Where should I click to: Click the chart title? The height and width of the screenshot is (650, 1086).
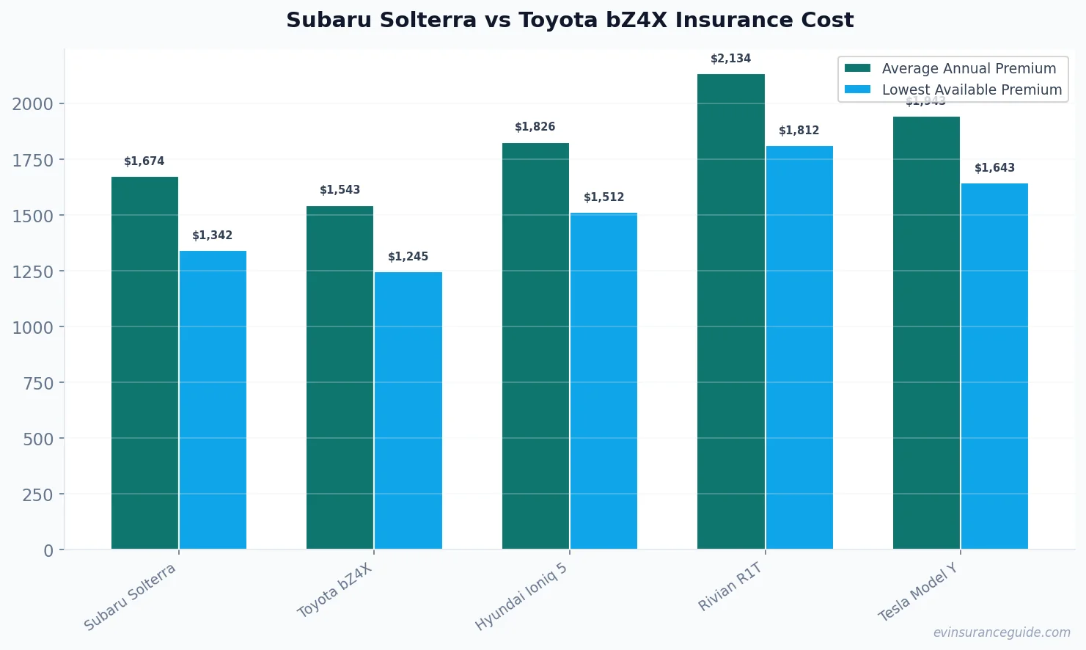click(570, 20)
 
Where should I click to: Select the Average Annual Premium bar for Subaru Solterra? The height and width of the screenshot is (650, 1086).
click(144, 362)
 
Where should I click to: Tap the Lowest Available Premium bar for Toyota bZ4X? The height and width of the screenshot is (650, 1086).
click(408, 410)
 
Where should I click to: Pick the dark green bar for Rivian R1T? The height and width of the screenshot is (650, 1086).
click(730, 311)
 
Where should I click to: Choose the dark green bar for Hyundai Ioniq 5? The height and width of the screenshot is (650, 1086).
click(535, 346)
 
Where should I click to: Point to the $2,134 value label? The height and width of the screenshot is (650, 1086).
click(730, 59)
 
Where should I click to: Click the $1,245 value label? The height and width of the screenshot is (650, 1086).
click(408, 257)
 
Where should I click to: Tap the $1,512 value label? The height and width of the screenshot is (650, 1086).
click(603, 197)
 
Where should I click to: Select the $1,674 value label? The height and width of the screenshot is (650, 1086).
click(144, 161)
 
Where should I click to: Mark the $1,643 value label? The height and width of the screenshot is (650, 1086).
click(994, 168)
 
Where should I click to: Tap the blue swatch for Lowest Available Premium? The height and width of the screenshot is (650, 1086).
click(857, 90)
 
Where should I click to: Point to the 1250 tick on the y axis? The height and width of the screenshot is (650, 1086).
click(32, 271)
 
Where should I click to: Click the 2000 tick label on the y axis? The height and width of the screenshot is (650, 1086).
click(32, 104)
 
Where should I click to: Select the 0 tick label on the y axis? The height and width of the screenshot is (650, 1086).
click(48, 550)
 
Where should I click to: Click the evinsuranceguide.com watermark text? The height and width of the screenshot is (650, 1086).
click(1001, 632)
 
